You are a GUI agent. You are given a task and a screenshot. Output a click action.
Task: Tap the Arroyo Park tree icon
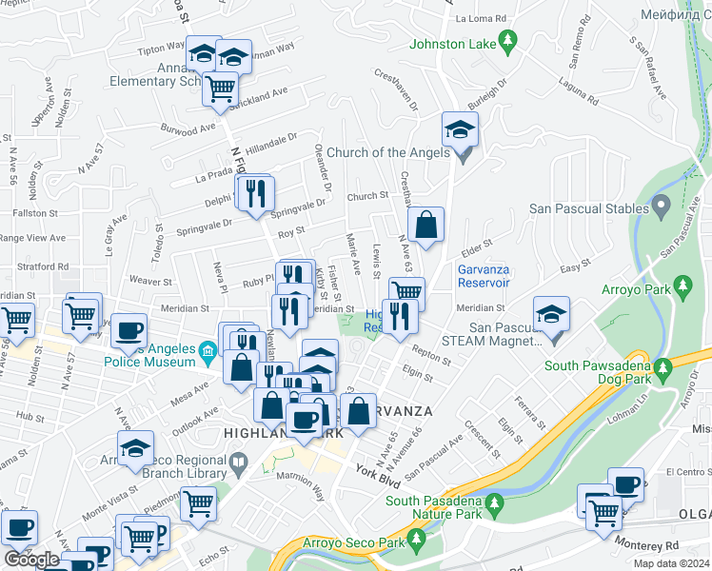pyautogui.click(x=682, y=286)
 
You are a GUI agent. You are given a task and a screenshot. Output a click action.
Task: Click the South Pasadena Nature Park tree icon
pyautogui.click(x=493, y=502)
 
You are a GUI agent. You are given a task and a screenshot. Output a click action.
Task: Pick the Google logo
pyautogui.click(x=31, y=560)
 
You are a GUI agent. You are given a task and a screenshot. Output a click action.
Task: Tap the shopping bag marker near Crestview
pyautogui.click(x=426, y=226)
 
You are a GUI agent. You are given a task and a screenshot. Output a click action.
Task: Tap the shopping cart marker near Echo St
pyautogui.click(x=198, y=503)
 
